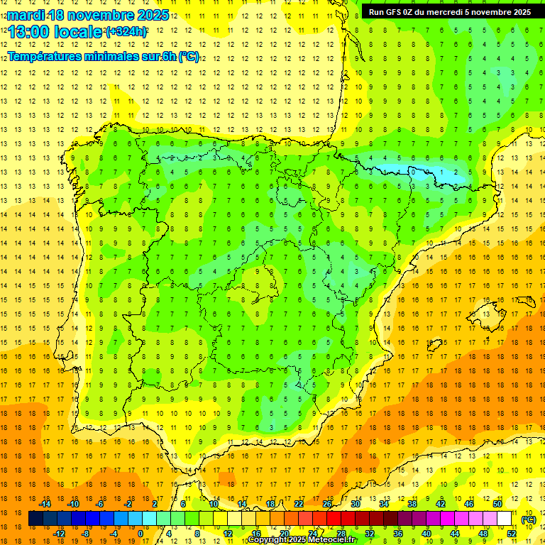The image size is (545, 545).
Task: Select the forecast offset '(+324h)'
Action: coord(126,32)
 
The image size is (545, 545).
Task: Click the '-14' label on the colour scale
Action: coord(45,504)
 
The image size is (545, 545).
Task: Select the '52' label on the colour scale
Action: coord(512,533)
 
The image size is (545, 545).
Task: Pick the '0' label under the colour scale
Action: coord(141,533)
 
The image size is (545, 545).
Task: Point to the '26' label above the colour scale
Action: coord(327,504)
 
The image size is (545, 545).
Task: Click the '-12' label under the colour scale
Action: coord(60,533)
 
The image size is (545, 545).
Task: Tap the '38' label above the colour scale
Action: coord(412,504)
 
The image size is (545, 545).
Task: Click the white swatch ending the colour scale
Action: coord(505,519)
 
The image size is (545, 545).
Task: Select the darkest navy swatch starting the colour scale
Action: coord(35,519)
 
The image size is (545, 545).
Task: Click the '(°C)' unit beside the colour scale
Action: coord(528,519)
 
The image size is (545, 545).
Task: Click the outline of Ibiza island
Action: coord(434,346)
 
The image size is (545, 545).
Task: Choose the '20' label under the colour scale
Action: coord(285,533)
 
